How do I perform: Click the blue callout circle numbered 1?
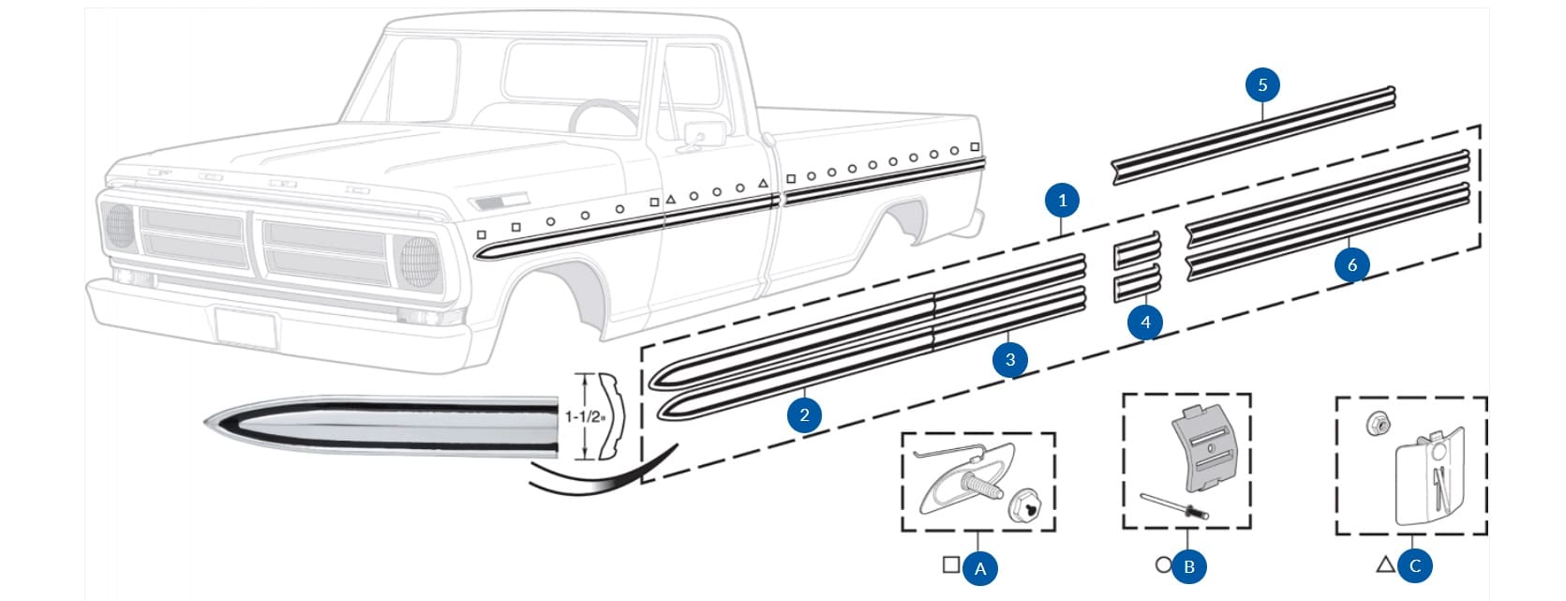point(1062,200)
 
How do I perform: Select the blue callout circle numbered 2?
point(804,414)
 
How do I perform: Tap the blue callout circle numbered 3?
point(1009,359)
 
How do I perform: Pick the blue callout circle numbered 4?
point(1145,323)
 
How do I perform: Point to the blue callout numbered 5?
point(1262,85)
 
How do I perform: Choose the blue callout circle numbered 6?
point(1351,265)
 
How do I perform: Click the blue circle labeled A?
point(980,568)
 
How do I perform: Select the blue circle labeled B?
point(1189,566)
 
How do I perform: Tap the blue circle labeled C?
point(1415,565)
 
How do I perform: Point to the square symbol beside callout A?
point(951,565)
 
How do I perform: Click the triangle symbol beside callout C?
point(1385,564)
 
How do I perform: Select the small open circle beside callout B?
point(1164,565)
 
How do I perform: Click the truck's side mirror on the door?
point(696,134)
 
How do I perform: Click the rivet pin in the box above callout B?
point(1174,505)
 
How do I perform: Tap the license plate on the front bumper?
point(246,327)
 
